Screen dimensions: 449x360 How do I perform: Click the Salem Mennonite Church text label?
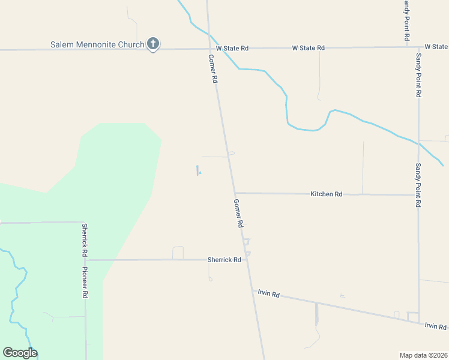click(97, 45)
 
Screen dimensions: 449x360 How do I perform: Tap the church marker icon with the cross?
click(153, 43)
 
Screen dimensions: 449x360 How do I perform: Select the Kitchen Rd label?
click(326, 194)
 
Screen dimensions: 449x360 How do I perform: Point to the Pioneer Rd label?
click(85, 283)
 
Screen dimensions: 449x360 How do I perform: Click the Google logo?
click(20, 353)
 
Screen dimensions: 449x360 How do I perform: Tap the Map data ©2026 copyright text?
click(423, 355)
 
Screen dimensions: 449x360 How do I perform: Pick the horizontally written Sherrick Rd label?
click(224, 260)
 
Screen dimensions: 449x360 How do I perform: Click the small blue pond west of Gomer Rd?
click(197, 170)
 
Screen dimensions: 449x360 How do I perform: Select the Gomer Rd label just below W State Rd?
click(212, 69)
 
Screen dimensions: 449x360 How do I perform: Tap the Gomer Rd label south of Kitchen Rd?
click(238, 213)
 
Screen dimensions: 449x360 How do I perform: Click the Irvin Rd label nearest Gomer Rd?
click(268, 294)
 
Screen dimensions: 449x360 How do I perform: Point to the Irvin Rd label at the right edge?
click(435, 326)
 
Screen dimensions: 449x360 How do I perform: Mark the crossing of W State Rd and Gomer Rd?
click(209, 48)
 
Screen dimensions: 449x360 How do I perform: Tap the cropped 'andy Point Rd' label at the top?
click(406, 20)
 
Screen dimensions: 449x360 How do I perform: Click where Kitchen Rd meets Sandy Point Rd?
click(418, 194)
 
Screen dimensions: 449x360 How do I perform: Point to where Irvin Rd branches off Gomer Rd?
click(253, 290)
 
